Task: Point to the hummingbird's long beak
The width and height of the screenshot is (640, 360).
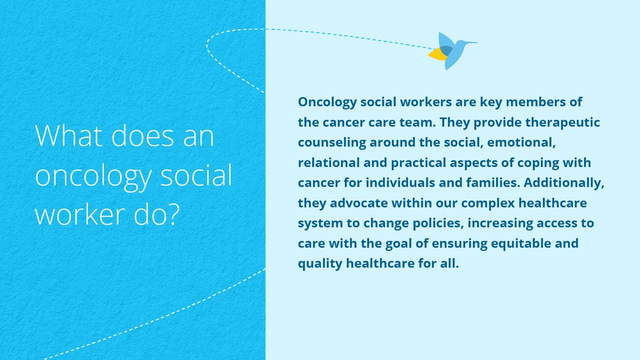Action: coord(471,43)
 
